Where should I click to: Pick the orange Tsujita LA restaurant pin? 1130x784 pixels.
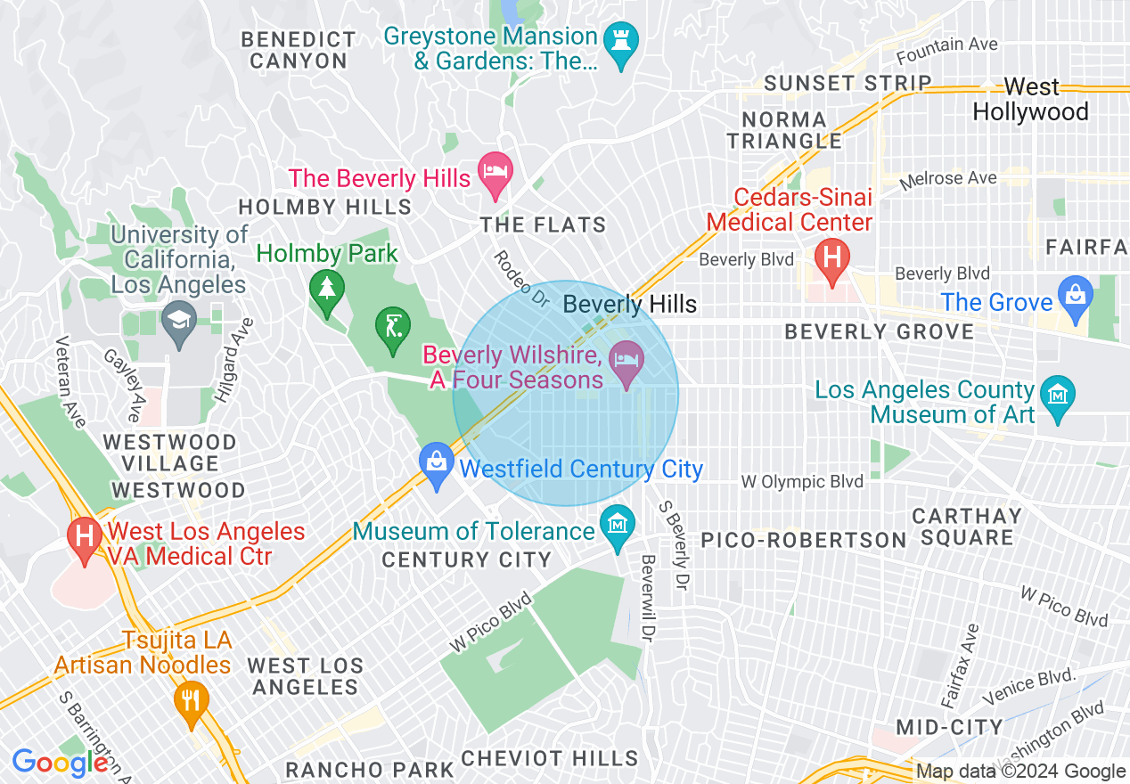tap(191, 700)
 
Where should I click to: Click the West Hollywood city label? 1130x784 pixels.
tap(1031, 99)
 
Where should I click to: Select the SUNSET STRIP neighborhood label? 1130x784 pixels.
tap(848, 83)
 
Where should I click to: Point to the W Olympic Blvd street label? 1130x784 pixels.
tap(802, 482)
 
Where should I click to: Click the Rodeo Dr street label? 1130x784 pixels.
tap(522, 279)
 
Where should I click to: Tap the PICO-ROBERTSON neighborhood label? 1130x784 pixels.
tap(803, 540)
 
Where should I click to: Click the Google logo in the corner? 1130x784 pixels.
tap(61, 763)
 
